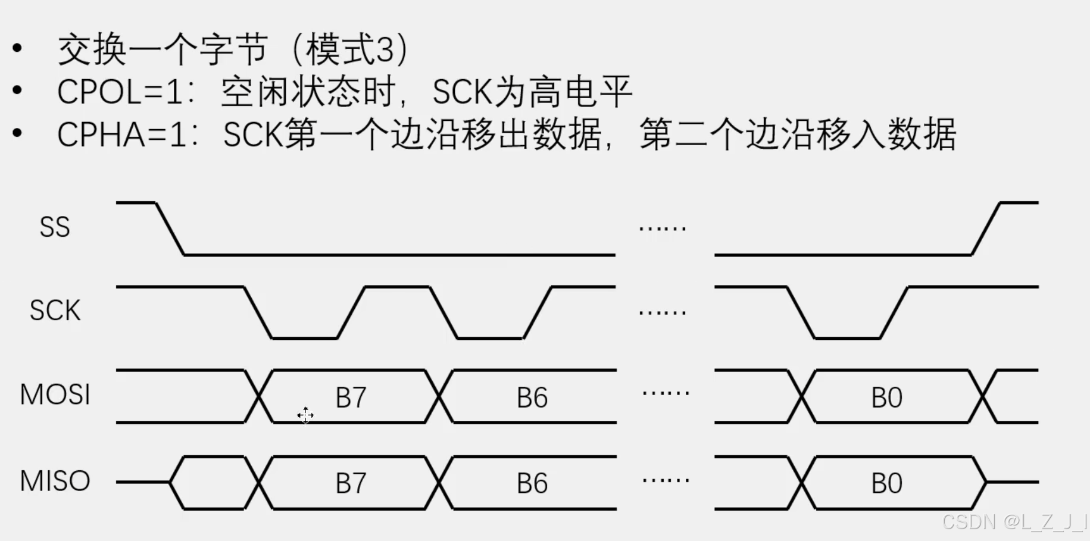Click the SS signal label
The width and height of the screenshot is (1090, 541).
[55, 227]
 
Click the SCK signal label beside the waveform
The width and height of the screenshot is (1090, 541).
[55, 311]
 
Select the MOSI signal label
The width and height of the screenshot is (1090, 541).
[55, 395]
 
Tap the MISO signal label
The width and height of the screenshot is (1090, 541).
[55, 481]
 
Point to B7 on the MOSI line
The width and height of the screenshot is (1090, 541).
[351, 398]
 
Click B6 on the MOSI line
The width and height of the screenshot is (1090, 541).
[532, 398]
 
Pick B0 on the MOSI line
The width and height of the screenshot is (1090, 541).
[886, 398]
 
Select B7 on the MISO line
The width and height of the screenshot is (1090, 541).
[351, 483]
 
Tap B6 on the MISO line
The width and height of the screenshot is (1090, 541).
[532, 483]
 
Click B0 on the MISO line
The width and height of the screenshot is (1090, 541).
[886, 483]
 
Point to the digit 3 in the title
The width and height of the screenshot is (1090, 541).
[385, 50]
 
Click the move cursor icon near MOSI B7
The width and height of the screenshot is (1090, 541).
[305, 415]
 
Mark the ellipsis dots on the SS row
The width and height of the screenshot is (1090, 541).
[663, 228]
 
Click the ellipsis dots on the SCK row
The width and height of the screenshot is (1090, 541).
[663, 312]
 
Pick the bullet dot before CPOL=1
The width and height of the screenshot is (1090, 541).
[17, 91]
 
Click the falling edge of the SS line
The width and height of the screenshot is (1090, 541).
[170, 229]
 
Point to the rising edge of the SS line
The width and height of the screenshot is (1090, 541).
[986, 229]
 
